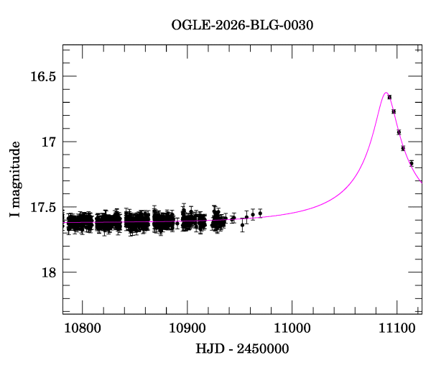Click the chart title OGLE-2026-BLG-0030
point(242,25)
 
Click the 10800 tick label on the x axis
point(82,328)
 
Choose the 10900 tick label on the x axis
point(187,328)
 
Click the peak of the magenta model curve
point(386,93)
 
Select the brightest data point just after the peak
point(389,96)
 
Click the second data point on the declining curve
point(394,111)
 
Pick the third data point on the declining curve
point(399,132)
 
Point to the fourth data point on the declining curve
point(403,148)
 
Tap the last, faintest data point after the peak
point(412,163)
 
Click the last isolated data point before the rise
point(260,213)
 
